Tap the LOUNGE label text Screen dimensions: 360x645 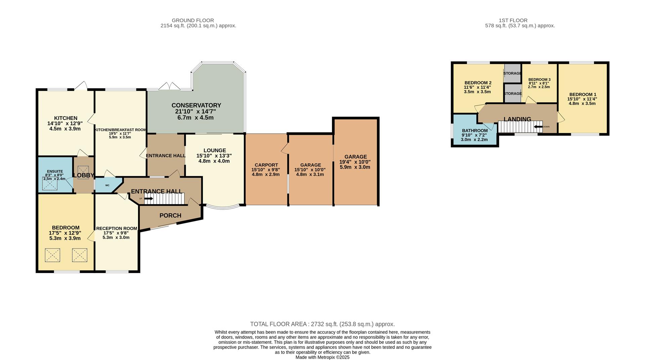pos(214,150)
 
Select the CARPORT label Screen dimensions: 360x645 pos(266,165)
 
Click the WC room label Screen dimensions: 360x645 pos(107,185)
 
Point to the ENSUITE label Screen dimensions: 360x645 pos(54,171)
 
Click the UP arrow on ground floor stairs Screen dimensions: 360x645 pos(148,198)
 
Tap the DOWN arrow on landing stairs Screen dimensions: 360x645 pos(538,127)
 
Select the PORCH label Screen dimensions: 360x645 pos(170,216)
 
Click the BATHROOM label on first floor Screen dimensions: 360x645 pos(474,131)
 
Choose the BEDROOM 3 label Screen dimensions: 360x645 pos(539,80)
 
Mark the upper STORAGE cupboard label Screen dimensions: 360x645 pos(512,73)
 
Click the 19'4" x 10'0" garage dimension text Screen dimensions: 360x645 pos(355,162)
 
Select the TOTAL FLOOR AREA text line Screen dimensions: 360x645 pos(322,324)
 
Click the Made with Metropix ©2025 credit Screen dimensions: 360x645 pos(322,357)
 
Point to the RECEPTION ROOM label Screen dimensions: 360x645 pos(117,228)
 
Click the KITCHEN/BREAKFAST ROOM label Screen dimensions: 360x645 pos(120,130)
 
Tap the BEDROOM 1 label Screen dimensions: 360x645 pos(583,95)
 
